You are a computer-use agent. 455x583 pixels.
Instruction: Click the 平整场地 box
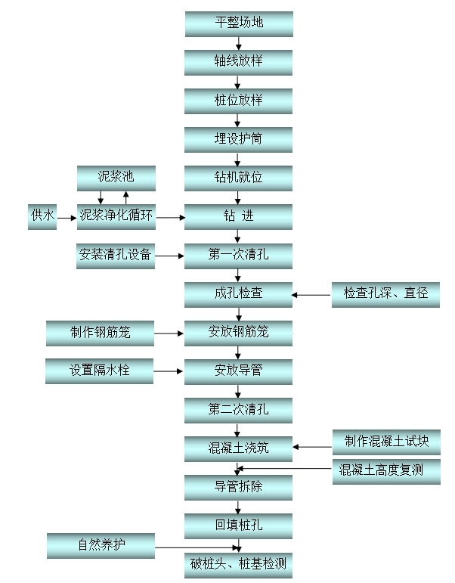[x=238, y=23]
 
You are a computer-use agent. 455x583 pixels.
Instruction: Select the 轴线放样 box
[x=238, y=61]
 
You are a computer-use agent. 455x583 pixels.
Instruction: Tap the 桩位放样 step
[x=238, y=101]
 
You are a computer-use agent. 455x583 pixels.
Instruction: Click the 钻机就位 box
[x=238, y=178]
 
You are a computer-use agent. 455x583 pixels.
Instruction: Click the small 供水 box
[x=42, y=216]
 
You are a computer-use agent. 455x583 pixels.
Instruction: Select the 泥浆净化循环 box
[x=116, y=216]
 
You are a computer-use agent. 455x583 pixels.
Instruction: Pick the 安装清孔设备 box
[x=116, y=256]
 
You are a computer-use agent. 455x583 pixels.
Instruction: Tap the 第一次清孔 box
[x=238, y=256]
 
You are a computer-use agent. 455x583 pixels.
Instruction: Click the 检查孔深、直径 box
[x=385, y=293]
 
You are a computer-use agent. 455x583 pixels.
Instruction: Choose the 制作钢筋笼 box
[x=100, y=332]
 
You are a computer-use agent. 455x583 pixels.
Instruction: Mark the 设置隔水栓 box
[x=100, y=371]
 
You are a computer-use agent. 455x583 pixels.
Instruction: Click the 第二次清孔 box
[x=238, y=410]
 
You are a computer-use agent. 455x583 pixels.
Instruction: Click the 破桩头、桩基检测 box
[x=238, y=564]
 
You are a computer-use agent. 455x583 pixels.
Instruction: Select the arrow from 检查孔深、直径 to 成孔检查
[x=312, y=294]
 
